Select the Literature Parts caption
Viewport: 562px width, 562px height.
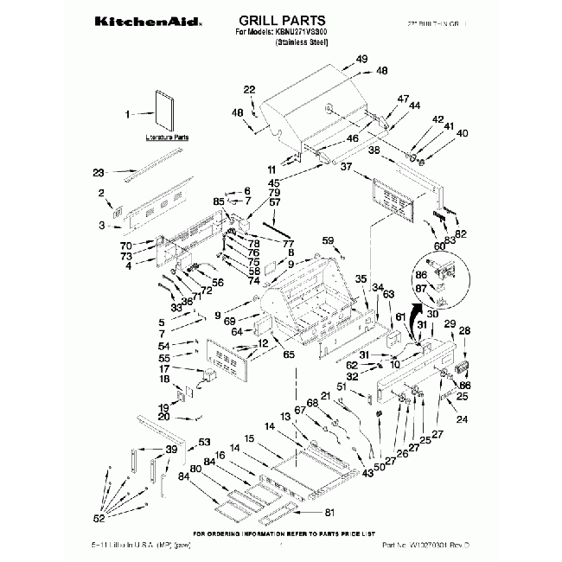pos(166,137)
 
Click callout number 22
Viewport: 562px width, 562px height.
pos(249,90)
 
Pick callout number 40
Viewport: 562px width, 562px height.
pos(461,133)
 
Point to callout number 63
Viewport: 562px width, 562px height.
pos(388,294)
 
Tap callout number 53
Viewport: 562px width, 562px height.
pos(204,442)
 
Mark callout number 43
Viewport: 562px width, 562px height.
pos(368,471)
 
